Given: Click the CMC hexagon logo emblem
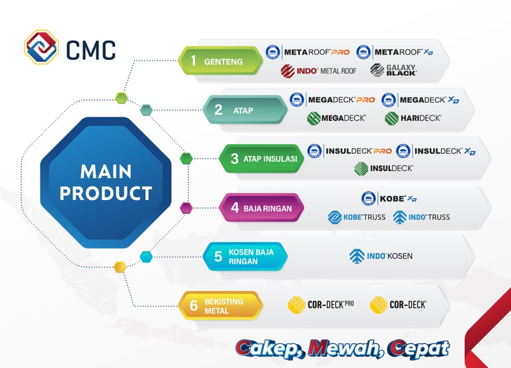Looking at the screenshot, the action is [x=41, y=47].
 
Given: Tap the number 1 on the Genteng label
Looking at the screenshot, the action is [x=194, y=61].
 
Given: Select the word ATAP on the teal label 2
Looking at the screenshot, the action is [x=243, y=111].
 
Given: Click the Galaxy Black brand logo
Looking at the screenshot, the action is [x=393, y=70].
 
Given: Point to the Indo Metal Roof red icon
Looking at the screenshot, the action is [x=287, y=71].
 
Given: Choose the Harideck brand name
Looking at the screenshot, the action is [x=421, y=118].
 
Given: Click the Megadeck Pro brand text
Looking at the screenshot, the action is [x=341, y=100].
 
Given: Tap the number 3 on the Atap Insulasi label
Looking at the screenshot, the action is [x=235, y=159].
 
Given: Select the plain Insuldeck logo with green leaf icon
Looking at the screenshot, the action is [x=383, y=169].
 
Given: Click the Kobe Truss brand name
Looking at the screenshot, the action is [x=365, y=217].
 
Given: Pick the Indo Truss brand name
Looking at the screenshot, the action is [x=429, y=217].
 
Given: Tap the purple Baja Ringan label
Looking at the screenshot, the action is [x=261, y=208].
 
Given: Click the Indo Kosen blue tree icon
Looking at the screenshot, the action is [x=357, y=256].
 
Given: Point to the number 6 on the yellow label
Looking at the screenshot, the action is [x=194, y=305].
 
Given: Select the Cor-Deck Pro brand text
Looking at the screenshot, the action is [x=331, y=305].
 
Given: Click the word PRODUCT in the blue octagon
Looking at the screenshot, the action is [x=106, y=193].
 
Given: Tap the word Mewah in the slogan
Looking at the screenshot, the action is [x=346, y=349].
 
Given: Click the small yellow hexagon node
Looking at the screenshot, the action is [x=120, y=267].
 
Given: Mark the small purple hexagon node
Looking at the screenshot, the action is [x=186, y=208].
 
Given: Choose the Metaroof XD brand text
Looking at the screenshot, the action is [x=404, y=52].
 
